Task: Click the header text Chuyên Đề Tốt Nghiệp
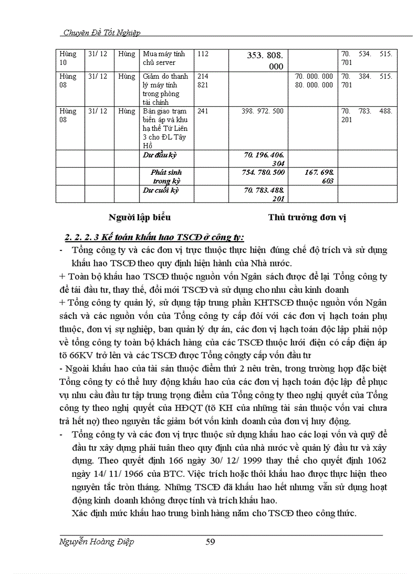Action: (x=101, y=32)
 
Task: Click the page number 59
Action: (x=210, y=542)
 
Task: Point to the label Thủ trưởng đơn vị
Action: (x=307, y=217)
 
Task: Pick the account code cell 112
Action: (x=203, y=54)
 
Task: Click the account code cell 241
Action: (x=203, y=111)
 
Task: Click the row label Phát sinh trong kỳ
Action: (x=166, y=176)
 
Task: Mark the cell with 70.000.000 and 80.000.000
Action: (x=314, y=80)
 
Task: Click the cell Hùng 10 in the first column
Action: (x=68, y=58)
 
